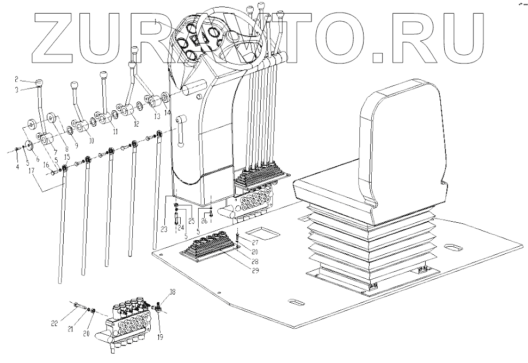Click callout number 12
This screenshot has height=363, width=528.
pos(136,122)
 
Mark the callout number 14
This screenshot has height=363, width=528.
pos(167,111)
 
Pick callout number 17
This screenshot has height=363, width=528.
pos(32,170)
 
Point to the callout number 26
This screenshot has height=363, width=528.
pos(204,221)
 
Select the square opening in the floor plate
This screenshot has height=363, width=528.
pos(266,234)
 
